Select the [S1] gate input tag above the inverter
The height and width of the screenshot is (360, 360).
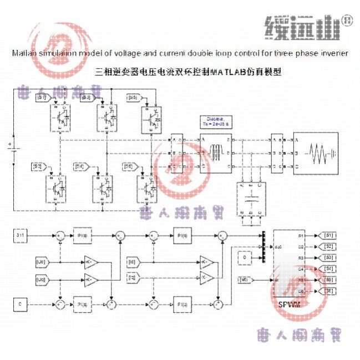[x=43, y=98]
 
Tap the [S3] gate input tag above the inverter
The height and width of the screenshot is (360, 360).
[x=87, y=98]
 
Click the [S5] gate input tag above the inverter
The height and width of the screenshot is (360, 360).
[x=133, y=98]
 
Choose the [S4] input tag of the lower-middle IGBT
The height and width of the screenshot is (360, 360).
[x=82, y=166]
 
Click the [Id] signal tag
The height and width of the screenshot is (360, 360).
[x=132, y=261]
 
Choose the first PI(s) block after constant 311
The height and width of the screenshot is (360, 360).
[x=82, y=235]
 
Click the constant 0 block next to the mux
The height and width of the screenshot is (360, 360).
[x=244, y=257]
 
